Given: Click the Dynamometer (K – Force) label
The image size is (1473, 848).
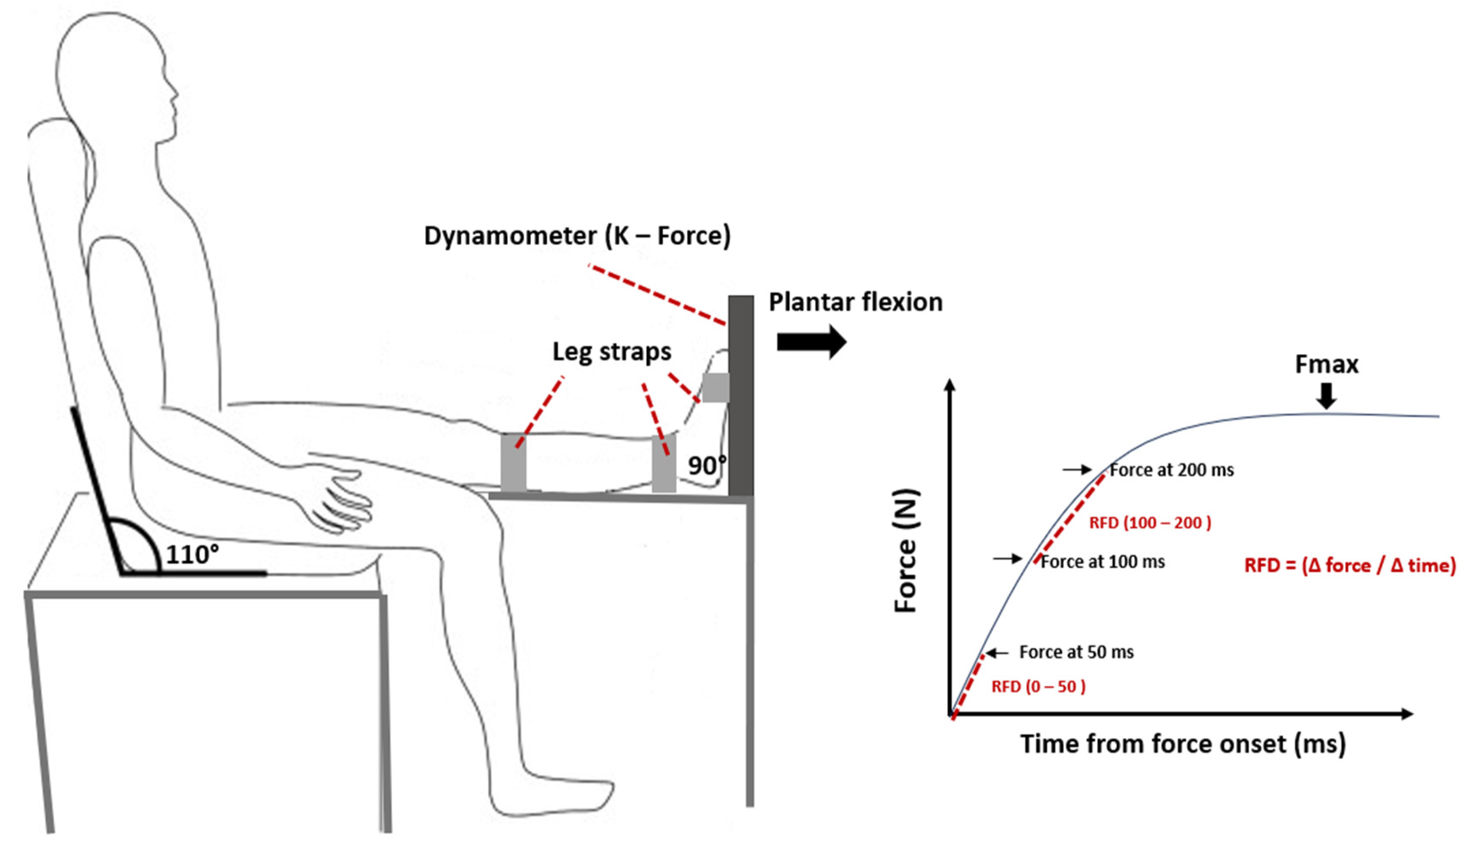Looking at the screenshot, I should point(577,236).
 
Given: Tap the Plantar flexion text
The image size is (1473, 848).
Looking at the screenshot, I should point(855,302).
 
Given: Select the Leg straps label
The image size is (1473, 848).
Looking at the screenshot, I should point(611,352).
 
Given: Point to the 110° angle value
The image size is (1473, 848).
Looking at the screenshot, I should point(192,554).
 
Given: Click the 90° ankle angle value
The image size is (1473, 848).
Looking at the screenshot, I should point(706,465).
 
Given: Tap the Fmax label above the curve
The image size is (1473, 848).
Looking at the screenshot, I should point(1326,365).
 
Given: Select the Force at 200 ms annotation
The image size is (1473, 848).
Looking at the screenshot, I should point(1171,470).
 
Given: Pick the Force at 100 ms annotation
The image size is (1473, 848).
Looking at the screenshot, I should point(1102,562).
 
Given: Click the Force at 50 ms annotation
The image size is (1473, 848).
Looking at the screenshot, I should point(1076,652).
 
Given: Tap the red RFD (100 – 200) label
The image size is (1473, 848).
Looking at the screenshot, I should point(1150,523).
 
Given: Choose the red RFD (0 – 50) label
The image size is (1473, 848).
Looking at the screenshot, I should point(1038,687).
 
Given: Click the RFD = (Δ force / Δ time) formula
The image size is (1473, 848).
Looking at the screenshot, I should point(1349,566).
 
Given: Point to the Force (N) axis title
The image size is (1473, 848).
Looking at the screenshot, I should point(906,550).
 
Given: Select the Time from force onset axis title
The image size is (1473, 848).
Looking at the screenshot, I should point(1183,744).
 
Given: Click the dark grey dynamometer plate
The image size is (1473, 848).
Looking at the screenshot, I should point(740,396).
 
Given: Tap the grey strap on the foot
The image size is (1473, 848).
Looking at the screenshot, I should point(715,387).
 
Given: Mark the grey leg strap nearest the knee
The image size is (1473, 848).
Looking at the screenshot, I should point(513,463).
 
